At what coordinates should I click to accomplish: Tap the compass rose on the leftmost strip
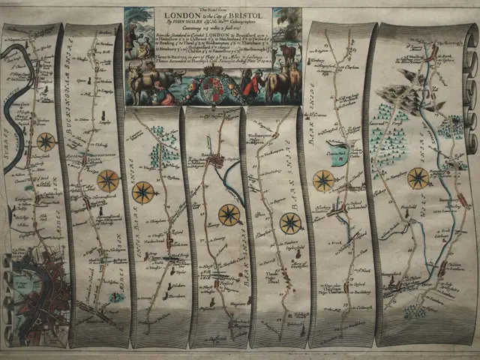pos(46,141)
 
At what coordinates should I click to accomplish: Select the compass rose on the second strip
pos(108,181)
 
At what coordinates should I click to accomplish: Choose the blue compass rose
pos(289,222)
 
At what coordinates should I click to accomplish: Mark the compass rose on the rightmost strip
pos(418,178)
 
